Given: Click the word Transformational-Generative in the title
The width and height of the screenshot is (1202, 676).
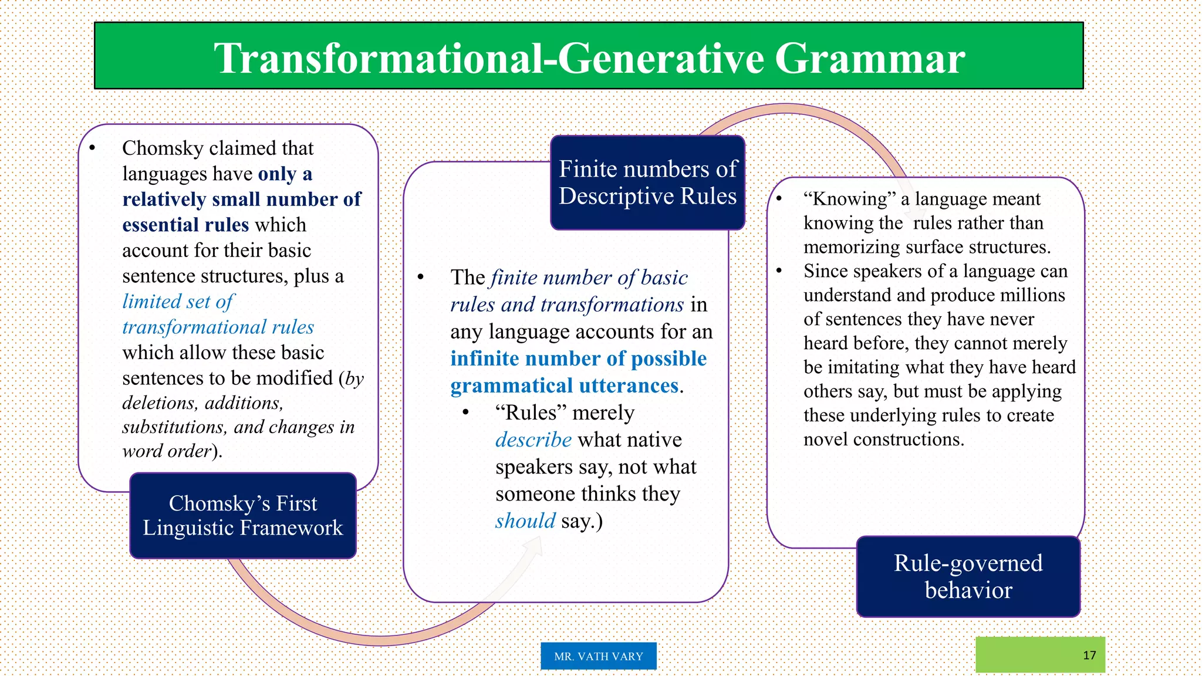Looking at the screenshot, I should (489, 59).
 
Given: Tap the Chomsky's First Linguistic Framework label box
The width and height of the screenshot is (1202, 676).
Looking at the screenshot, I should (242, 515).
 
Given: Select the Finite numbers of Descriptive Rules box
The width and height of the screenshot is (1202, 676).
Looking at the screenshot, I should (647, 182).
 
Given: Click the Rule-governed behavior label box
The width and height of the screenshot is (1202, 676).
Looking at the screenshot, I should (968, 576).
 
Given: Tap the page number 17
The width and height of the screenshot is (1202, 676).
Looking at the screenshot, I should (1089, 655).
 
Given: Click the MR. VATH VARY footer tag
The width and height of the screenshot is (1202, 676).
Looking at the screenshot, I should (598, 656).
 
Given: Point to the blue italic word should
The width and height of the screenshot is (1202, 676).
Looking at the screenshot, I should (525, 520).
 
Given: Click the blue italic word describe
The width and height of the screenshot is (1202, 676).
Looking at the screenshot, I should (533, 440).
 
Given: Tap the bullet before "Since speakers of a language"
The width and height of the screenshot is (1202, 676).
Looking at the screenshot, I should (779, 271).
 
